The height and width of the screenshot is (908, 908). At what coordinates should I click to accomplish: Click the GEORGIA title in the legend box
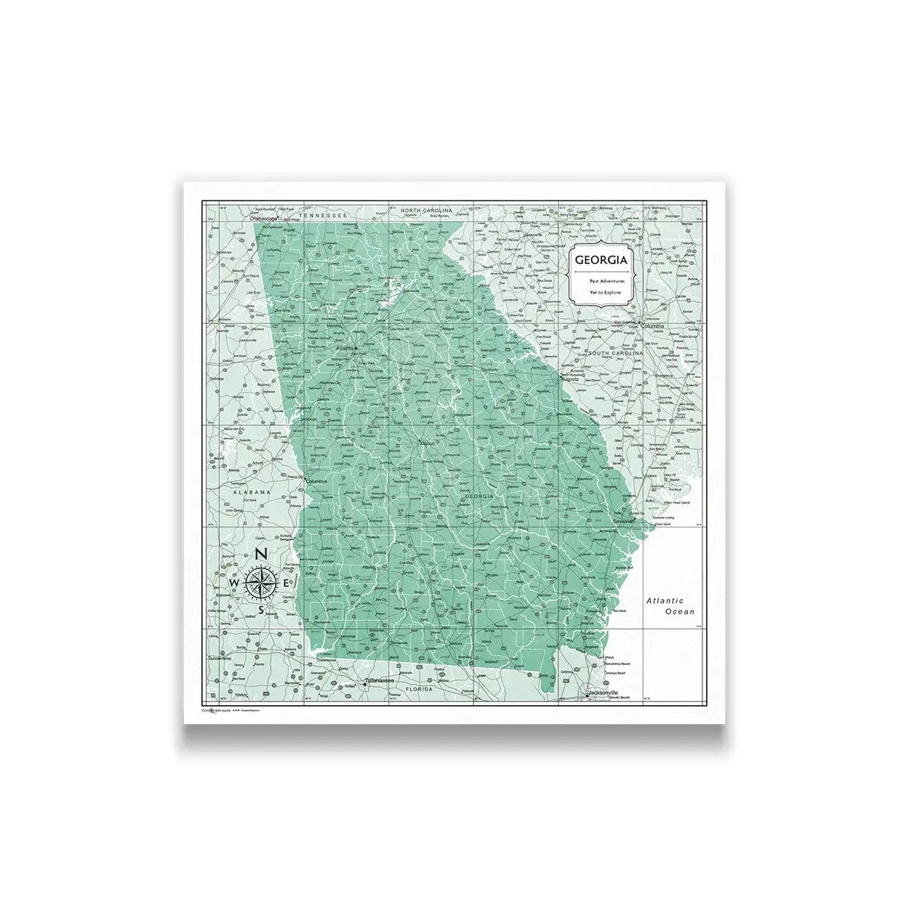(600, 260)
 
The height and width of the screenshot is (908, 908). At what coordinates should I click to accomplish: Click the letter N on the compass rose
(261, 554)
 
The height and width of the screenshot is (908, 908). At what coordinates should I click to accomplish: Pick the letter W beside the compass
(234, 583)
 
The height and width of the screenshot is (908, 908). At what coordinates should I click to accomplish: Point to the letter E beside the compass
(286, 583)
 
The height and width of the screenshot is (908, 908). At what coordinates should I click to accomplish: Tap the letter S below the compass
(261, 610)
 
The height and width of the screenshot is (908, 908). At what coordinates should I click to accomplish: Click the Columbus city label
(316, 480)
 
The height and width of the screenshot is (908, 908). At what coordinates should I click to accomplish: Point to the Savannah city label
(624, 521)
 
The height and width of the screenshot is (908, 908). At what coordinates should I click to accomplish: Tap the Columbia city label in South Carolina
(652, 326)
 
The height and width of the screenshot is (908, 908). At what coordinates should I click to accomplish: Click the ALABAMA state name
(252, 492)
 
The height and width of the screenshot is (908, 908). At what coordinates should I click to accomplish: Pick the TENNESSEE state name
(322, 215)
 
